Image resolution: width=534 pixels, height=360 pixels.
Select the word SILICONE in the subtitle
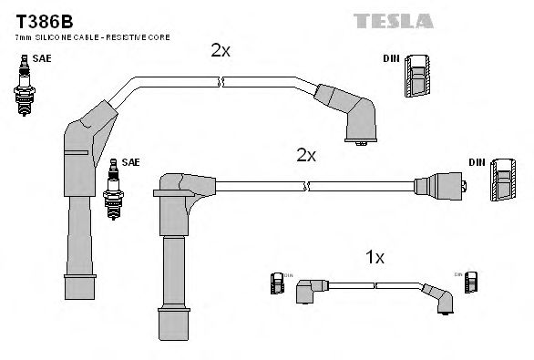click(60, 36)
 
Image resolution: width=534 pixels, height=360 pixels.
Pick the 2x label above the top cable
click(220, 52)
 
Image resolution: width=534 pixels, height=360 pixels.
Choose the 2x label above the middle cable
click(306, 156)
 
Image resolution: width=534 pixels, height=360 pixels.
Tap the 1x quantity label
click(374, 258)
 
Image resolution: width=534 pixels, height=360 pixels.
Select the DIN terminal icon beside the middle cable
click(502, 180)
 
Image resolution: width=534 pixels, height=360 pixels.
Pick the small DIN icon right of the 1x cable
click(471, 283)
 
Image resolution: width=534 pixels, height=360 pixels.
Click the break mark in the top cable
click(221, 82)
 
